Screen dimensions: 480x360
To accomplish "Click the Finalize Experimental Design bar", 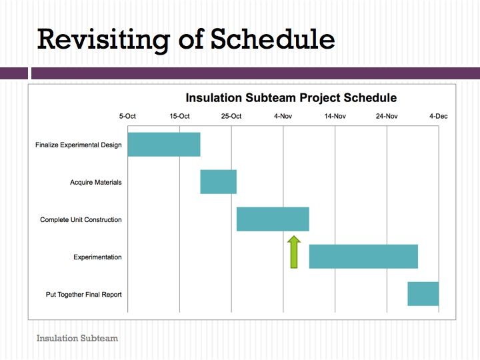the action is [x=164, y=145].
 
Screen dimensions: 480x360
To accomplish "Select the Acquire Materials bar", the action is [x=218, y=182].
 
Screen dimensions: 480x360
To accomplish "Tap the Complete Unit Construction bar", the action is [x=273, y=219].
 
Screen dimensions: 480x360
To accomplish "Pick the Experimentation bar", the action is [x=363, y=257].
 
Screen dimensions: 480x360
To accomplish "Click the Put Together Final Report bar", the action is [x=423, y=294].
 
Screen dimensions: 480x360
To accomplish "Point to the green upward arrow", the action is [x=294, y=252].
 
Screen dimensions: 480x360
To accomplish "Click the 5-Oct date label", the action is [x=127, y=116].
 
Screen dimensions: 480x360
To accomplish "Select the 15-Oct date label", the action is [x=179, y=116].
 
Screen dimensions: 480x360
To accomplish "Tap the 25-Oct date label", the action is [x=231, y=116].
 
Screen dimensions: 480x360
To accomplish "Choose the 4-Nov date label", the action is [x=283, y=116].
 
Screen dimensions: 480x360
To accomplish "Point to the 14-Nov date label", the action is [x=335, y=116].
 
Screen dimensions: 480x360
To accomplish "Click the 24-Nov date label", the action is [x=387, y=116].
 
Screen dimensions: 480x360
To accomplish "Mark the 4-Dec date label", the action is [x=439, y=116].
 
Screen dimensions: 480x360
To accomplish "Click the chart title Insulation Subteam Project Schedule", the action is [x=291, y=98].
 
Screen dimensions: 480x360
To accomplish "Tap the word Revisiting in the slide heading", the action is [x=103, y=40].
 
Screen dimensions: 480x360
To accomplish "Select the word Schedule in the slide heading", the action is [x=273, y=39].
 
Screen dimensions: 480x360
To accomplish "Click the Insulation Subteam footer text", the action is [x=77, y=338].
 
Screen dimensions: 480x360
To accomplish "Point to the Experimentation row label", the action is [x=97, y=257].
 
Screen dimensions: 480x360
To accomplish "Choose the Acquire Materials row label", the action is [x=96, y=183].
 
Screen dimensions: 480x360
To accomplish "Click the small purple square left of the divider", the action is [x=14, y=73].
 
